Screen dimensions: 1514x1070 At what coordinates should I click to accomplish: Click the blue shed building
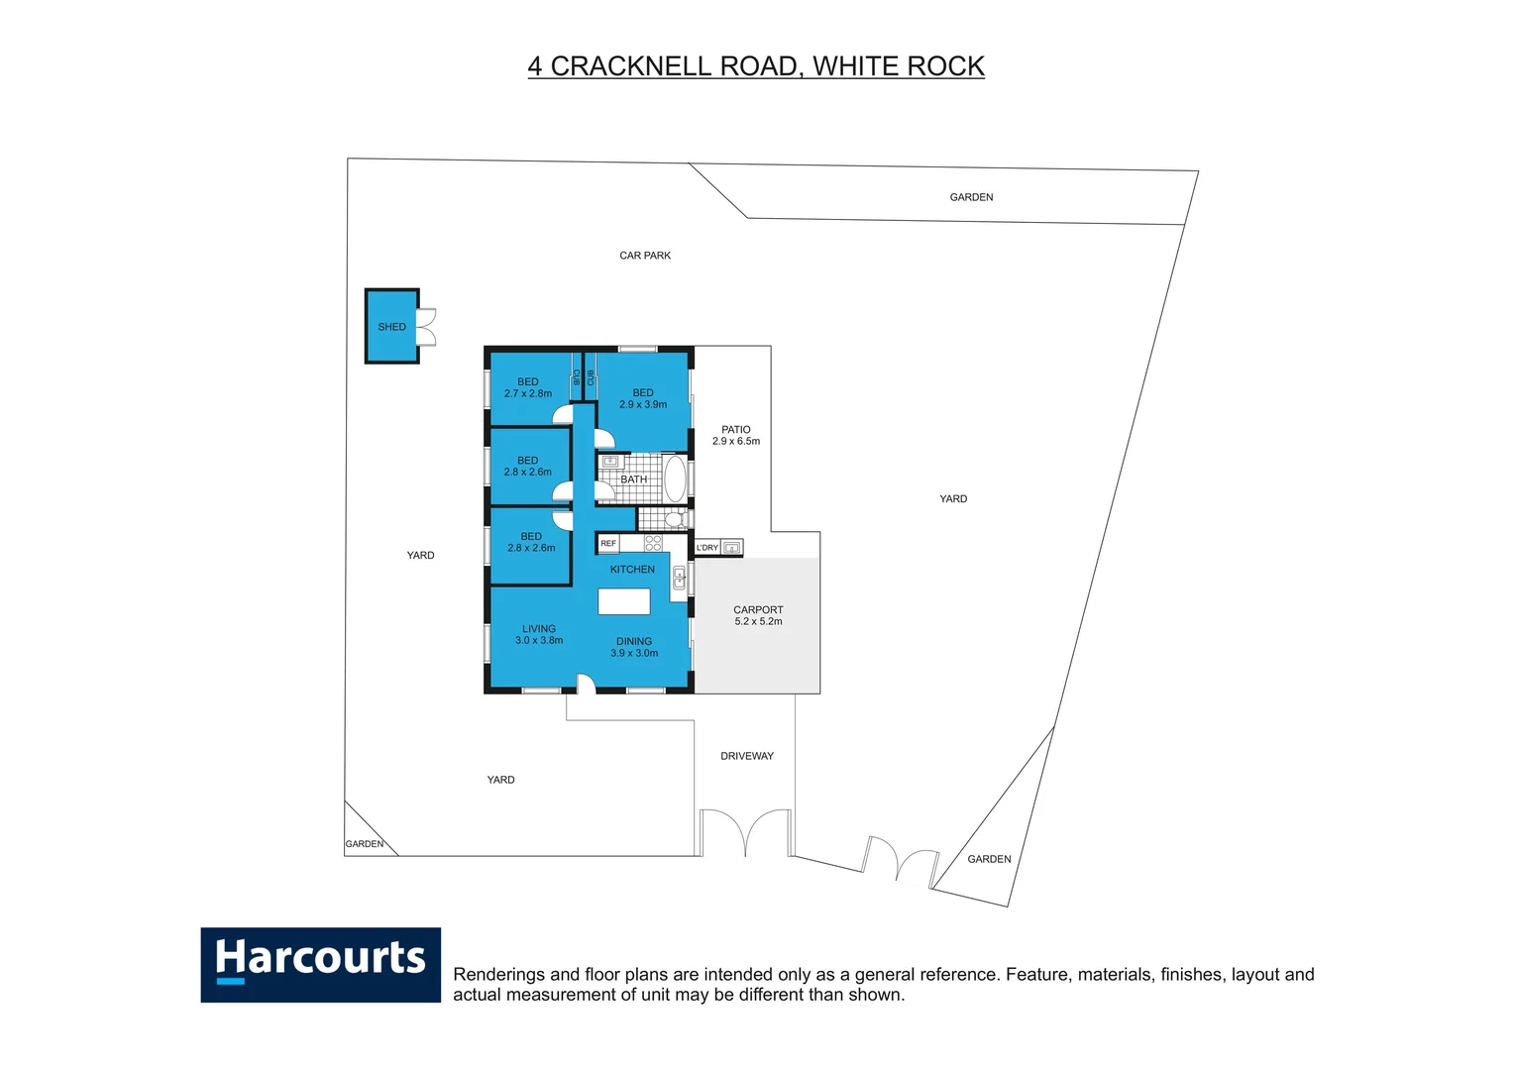point(391,326)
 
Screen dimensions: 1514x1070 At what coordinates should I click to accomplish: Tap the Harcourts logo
point(320,964)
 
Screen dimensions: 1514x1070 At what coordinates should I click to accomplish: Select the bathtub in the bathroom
point(675,480)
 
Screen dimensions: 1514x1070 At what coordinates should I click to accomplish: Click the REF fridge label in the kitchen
point(608,544)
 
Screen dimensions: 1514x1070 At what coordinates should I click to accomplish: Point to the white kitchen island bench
point(623,601)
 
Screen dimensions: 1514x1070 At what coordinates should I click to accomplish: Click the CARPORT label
point(758,610)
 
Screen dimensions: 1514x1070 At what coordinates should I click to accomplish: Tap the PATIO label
point(736,430)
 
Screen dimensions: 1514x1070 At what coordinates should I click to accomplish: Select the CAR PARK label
point(645,256)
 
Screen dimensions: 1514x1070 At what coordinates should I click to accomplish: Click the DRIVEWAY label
point(747,756)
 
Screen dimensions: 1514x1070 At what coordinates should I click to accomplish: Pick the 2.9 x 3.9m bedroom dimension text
point(643,404)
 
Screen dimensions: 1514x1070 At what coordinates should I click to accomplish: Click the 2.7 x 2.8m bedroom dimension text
point(528,393)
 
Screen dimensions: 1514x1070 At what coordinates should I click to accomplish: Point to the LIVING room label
point(539,629)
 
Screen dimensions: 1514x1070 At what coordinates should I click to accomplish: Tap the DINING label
point(634,641)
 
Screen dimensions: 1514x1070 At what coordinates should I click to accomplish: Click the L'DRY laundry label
point(707,548)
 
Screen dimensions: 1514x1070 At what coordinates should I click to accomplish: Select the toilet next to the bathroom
point(675,519)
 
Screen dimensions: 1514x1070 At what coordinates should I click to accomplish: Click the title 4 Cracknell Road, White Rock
point(756,66)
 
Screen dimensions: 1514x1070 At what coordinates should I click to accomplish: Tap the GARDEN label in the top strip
point(971,197)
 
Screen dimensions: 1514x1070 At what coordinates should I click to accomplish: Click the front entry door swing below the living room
point(585,683)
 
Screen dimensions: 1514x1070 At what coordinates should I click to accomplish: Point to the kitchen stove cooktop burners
point(653,543)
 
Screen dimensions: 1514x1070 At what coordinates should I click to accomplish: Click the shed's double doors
point(427,327)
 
